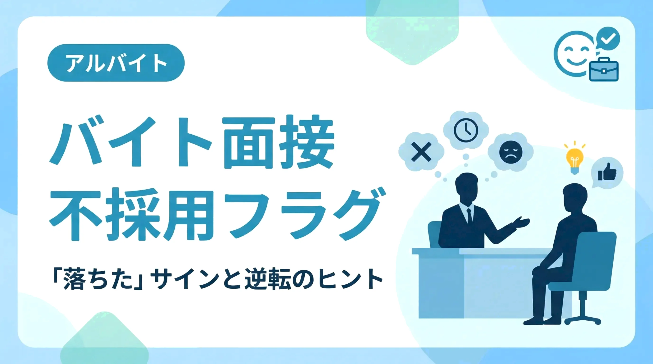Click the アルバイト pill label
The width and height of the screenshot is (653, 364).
point(116,63)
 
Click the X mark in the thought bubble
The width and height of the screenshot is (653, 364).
point(421,152)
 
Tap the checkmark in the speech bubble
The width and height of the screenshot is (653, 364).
point(608,39)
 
